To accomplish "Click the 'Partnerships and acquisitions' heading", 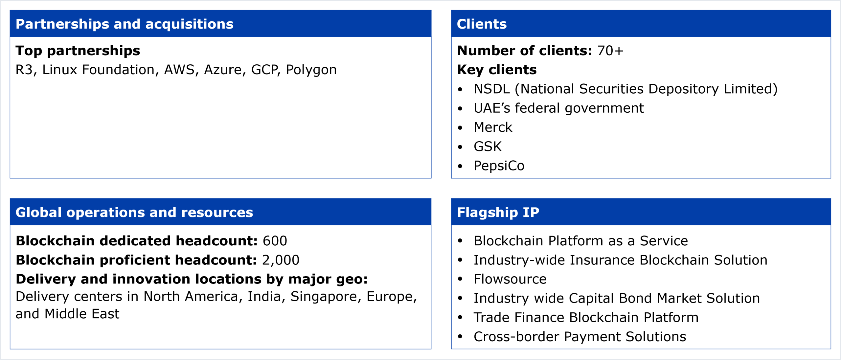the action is coord(125,24).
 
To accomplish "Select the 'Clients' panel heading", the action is coord(482,24).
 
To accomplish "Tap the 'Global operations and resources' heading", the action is coord(134,212).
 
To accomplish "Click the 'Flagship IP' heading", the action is coord(498,212).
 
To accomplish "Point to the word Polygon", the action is coord(311,70).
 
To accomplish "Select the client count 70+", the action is coord(610,51).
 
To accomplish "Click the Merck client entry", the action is coord(493,127).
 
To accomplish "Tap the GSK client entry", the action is coord(488,146).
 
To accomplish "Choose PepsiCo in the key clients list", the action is coord(499,166).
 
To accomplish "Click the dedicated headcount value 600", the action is coord(275,241).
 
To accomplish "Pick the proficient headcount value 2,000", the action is coord(281,260).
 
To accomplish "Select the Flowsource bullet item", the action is coord(510,279).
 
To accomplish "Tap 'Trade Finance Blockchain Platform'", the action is coord(586,317).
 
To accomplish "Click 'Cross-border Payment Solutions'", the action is coord(580,337).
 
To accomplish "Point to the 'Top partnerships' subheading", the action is coord(78,51).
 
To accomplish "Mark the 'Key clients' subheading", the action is coord(497,70).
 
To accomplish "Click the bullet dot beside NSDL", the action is coord(460,89).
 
